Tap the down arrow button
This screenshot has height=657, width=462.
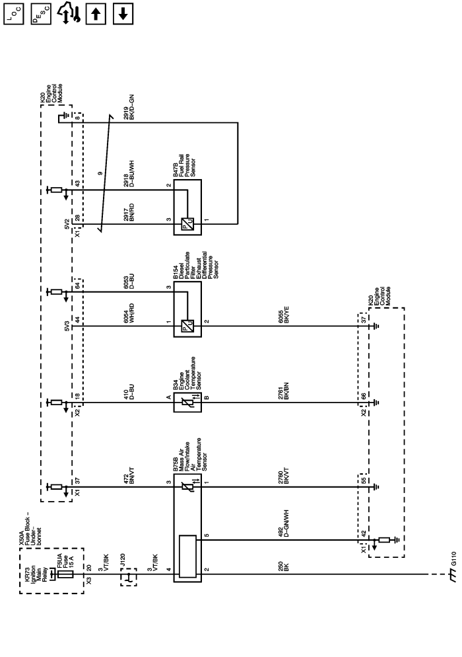tap(121, 13)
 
